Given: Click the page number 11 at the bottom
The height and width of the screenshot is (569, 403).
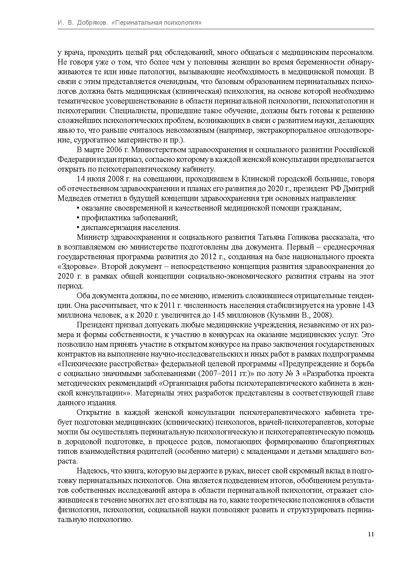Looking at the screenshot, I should click(371, 534).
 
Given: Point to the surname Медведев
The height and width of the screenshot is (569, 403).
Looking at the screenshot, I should click(73, 198).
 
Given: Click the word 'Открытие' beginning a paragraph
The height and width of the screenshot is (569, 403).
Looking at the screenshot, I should click(91, 412).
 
